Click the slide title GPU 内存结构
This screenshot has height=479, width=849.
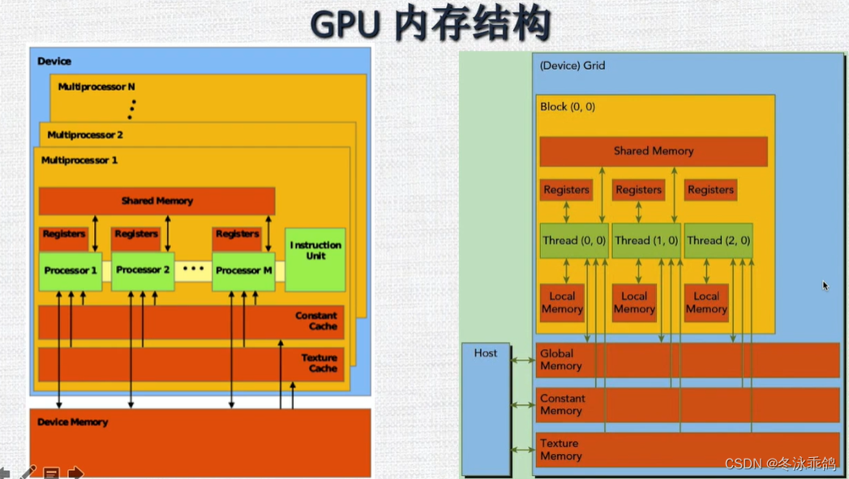pos(431,24)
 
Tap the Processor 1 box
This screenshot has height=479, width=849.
pos(71,271)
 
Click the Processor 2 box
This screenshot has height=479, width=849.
pos(143,270)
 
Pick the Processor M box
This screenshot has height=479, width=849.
pos(243,271)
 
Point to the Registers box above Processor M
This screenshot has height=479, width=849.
pos(237,235)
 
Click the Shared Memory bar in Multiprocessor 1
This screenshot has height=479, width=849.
pos(157,201)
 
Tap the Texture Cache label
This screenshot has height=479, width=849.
pos(319,363)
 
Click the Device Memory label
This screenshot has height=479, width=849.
pos(72,422)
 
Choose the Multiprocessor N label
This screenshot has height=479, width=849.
pos(96,87)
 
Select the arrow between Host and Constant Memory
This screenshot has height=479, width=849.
pos(523,404)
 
